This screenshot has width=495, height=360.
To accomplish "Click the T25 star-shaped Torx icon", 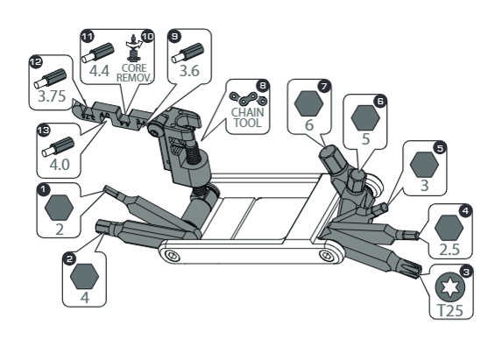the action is point(449,287).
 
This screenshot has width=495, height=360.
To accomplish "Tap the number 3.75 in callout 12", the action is point(52,95).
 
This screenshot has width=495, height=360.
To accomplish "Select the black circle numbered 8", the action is point(263,86).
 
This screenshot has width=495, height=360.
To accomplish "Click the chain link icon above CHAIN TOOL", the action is point(249,99).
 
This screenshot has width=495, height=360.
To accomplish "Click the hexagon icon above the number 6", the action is point(308,103).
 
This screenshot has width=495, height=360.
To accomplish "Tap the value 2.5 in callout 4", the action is point(449,250).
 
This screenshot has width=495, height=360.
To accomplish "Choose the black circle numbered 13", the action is point(44,130).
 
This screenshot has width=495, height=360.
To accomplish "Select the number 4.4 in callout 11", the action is point(99,71).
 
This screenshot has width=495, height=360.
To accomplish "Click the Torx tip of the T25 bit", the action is point(412,269).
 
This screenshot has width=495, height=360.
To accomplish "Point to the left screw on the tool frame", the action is point(172,255).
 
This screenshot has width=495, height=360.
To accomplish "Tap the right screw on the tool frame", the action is point(327,255).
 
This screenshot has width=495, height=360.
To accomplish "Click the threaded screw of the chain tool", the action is point(192,153).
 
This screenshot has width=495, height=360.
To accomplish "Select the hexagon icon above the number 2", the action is point(60,208).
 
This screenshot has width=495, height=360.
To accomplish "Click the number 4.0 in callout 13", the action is point(60,165).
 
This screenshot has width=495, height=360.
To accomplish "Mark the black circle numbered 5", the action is point(440,148).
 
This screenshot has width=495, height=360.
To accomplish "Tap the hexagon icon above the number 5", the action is point(365,117).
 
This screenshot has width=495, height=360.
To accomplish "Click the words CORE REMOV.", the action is point(134,73).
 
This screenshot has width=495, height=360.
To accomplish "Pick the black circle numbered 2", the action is point(69,259).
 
